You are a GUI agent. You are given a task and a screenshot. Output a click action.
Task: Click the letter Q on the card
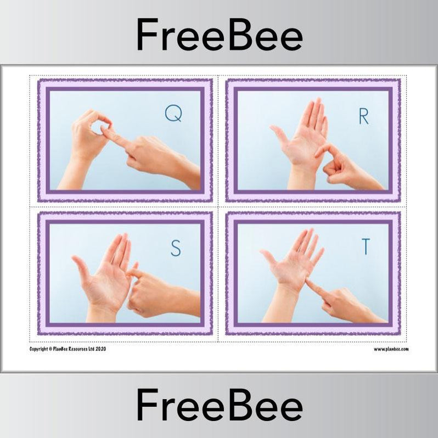[x=173, y=114]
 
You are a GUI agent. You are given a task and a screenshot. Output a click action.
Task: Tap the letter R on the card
[x=363, y=116]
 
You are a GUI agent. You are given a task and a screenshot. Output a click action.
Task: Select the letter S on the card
[x=175, y=249]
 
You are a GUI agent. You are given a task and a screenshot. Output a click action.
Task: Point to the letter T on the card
[x=364, y=248]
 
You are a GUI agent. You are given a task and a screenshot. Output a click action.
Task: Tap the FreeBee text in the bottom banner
[x=219, y=407]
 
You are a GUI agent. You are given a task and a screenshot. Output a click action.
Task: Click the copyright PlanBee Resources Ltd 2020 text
[x=68, y=349]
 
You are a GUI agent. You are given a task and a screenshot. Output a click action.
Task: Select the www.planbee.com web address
[x=391, y=349]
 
